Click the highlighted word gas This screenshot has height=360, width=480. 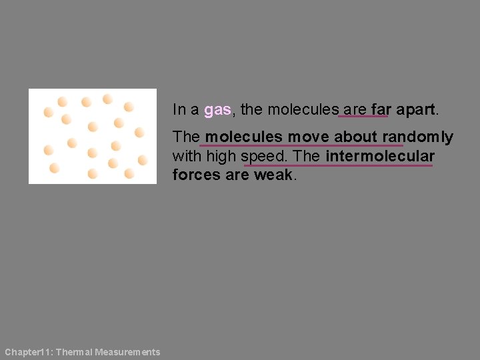[x=217, y=109]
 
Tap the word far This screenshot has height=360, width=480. [x=381, y=109]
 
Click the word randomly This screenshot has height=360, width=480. [x=417, y=137]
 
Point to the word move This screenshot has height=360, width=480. [x=309, y=137]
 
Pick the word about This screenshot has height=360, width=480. [x=356, y=137]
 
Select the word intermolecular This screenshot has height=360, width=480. [x=380, y=156]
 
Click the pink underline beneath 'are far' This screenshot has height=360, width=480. [x=363, y=117]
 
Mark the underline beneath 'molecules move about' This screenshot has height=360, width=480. [x=301, y=145]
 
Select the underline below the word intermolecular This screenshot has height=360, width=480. [x=339, y=165]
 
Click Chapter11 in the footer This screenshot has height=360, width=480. [x=26, y=352]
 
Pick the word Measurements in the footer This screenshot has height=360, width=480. [x=127, y=352]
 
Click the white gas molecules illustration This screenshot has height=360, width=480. [x=93, y=136]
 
